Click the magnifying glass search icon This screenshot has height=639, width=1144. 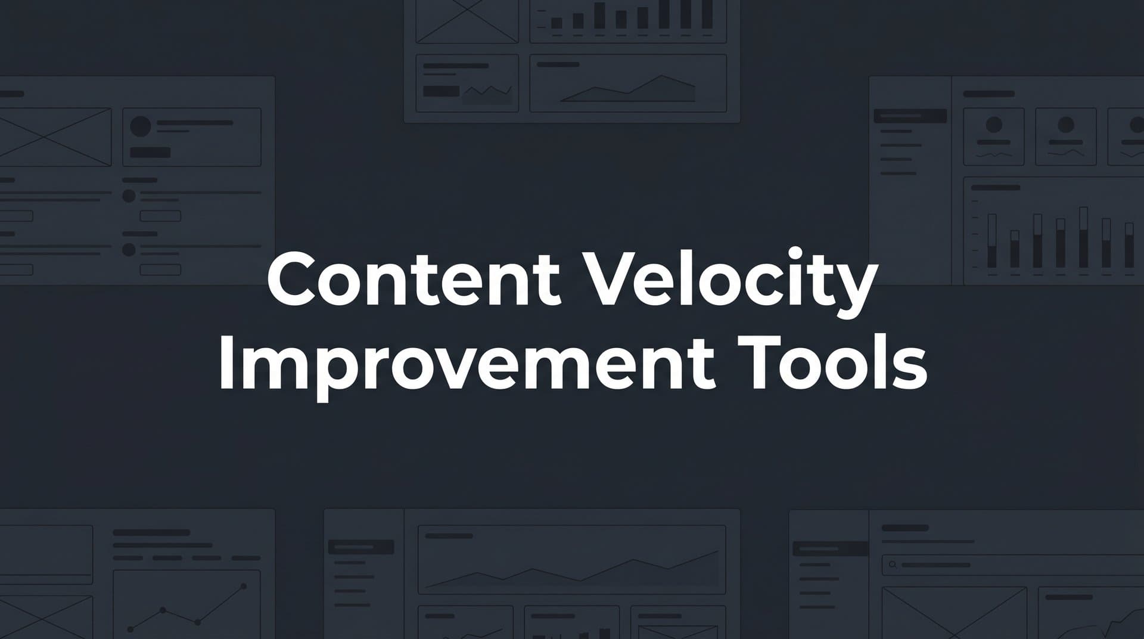pyautogui.click(x=892, y=564)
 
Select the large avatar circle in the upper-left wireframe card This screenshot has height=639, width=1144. pyautogui.click(x=141, y=126)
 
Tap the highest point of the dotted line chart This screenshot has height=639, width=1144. pyautogui.click(x=244, y=587)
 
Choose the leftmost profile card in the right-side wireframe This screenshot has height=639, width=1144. pyautogui.click(x=993, y=137)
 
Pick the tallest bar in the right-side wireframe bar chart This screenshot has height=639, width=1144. pyautogui.click(x=1083, y=237)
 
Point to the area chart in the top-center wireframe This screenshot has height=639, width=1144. pyautogui.click(x=628, y=89)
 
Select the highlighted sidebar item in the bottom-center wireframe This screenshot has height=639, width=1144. pyautogui.click(x=361, y=547)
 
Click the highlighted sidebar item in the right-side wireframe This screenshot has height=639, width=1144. pyautogui.click(x=910, y=116)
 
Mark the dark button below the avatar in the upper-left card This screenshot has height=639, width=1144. pyautogui.click(x=150, y=153)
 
